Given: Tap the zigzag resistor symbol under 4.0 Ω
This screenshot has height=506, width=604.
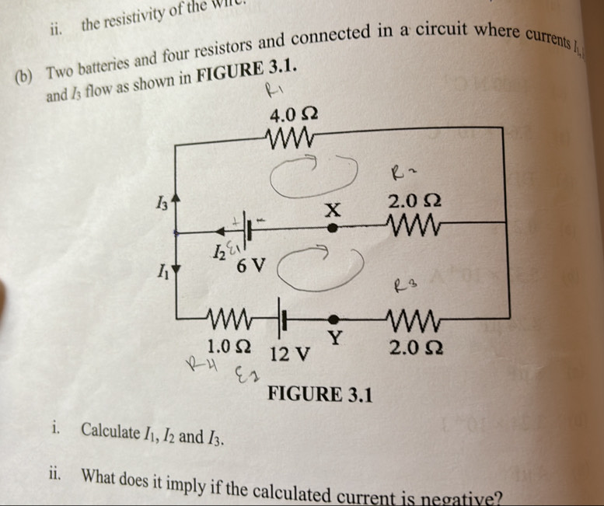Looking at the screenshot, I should pos(289,142).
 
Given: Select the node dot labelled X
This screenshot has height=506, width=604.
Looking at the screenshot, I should pos(332,229).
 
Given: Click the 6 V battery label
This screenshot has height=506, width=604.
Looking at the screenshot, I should pos(250,267).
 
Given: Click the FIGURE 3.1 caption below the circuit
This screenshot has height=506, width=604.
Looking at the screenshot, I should pos(319,395).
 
